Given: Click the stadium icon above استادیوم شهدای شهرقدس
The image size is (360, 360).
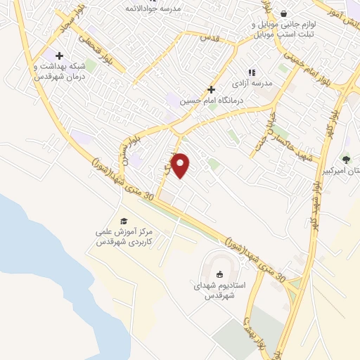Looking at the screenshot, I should click(x=219, y=275).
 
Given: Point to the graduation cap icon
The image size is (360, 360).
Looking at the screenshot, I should click(x=124, y=221).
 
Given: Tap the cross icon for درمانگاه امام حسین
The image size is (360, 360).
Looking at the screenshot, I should click(x=210, y=89).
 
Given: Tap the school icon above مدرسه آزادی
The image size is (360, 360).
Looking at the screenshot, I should click(x=250, y=72).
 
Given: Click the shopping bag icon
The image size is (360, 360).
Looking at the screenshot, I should click(x=283, y=13).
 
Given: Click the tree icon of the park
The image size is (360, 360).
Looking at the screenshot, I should click(x=345, y=160).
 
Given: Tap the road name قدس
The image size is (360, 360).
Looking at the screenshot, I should click(x=209, y=36).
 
